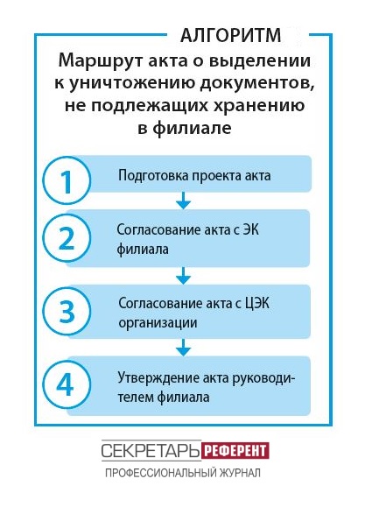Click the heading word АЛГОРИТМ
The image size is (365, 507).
coord(230,35)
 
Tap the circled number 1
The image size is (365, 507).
coord(67,180)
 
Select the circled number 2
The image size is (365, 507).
coord(67,238)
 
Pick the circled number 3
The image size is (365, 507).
coord(67,311)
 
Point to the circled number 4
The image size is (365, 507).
coord(67,384)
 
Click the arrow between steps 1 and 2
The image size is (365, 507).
coord(183,201)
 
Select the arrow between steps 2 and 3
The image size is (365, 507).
coord(183,276)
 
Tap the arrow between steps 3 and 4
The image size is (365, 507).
coord(183,348)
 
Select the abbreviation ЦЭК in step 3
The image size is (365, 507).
coord(257,304)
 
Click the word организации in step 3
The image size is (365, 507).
coord(158,323)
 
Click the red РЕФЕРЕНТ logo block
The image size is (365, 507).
coord(235,450)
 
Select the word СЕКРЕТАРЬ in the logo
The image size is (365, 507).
coord(151,450)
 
